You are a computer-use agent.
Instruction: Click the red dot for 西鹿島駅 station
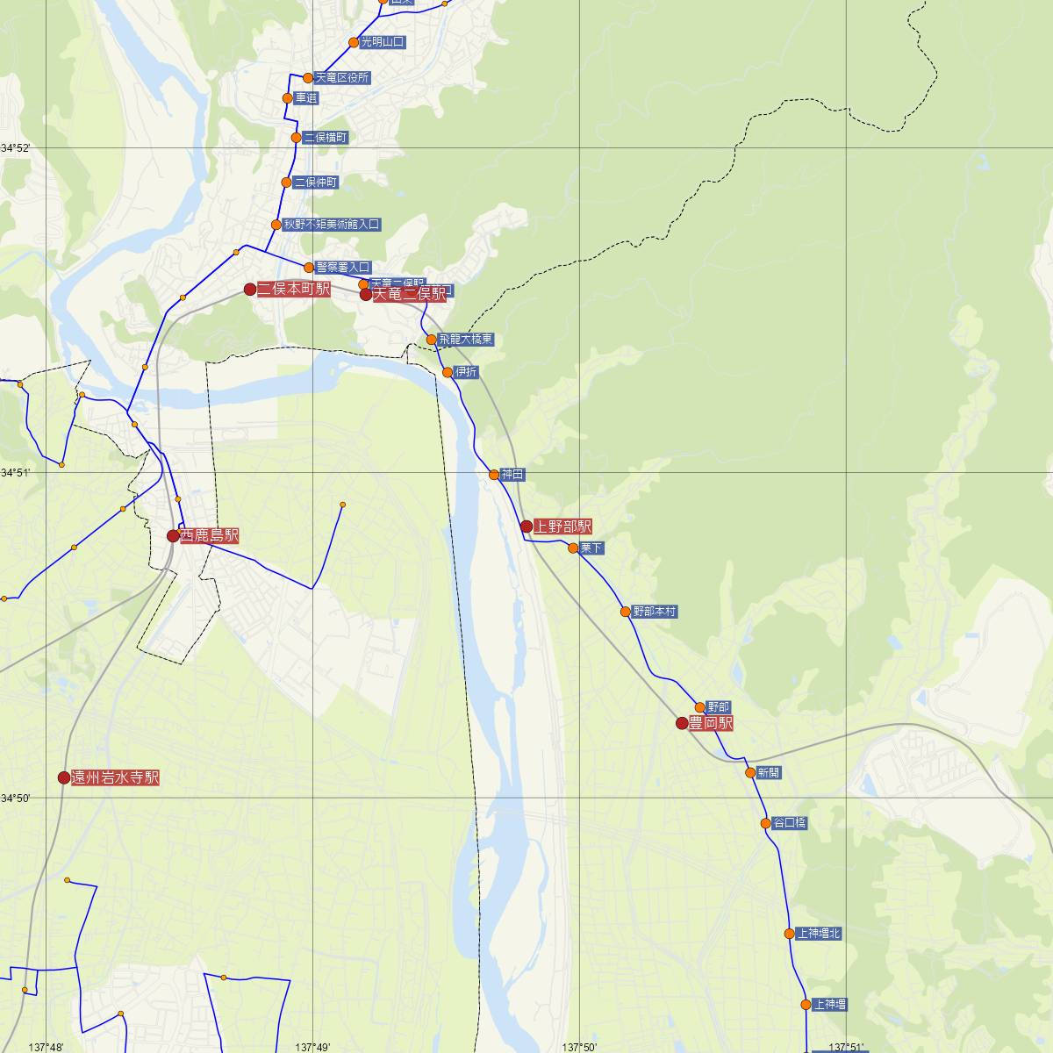(173, 535)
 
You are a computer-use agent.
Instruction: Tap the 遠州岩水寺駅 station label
(115, 777)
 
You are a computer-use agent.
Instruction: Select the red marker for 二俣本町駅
(250, 290)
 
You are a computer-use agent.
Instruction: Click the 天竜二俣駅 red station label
(409, 296)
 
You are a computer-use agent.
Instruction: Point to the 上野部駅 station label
(562, 526)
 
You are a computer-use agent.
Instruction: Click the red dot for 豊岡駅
(682, 724)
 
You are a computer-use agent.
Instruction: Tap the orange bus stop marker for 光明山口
(354, 42)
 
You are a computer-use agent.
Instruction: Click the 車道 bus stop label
(306, 98)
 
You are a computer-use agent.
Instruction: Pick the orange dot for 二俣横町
(297, 138)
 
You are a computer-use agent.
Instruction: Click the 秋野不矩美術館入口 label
(332, 225)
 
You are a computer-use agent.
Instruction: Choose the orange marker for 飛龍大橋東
(431, 340)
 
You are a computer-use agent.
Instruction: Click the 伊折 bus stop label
(467, 372)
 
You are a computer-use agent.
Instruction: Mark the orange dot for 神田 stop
(494, 475)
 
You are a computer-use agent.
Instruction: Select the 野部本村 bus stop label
(655, 612)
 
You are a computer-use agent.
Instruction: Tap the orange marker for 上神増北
(790, 934)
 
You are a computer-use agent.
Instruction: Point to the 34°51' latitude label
(16, 473)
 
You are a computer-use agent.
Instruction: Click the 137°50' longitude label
(580, 1047)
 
